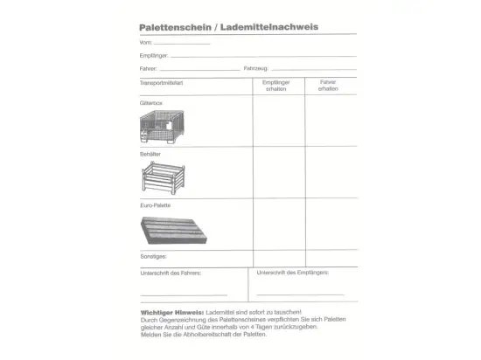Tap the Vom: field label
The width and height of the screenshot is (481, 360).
click(x=145, y=42)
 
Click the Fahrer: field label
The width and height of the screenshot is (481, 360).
click(x=148, y=68)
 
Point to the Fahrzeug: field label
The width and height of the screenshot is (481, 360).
click(x=256, y=68)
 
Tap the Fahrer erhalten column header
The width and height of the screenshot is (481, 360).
click(x=328, y=86)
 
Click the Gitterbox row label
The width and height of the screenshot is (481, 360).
click(x=151, y=103)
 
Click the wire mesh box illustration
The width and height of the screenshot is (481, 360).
click(x=172, y=128)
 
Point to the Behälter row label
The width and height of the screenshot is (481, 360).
click(x=150, y=154)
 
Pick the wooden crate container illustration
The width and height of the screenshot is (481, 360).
click(x=171, y=179)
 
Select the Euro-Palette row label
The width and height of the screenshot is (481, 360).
click(x=155, y=205)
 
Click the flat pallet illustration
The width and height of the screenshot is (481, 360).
click(x=175, y=230)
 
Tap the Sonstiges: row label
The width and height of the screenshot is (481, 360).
click(x=153, y=257)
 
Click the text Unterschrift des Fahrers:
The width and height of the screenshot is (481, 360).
click(x=171, y=273)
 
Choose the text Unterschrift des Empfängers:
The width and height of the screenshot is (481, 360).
click(x=293, y=273)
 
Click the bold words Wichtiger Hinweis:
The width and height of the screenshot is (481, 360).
click(x=171, y=312)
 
